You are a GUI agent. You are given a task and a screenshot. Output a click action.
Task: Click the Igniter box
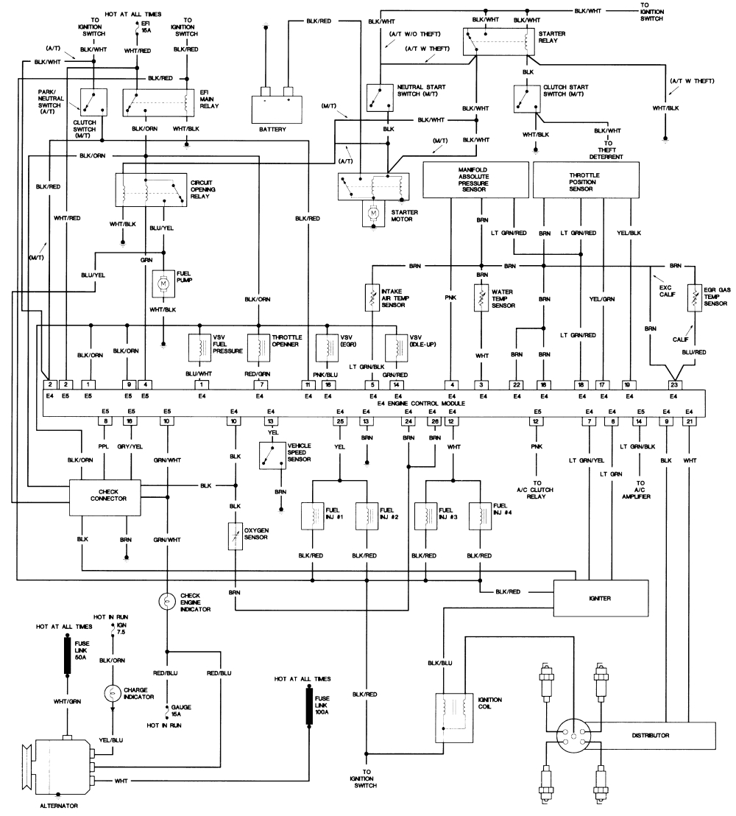pos(601,598)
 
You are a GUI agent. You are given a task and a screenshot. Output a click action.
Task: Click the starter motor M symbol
pos(373,213)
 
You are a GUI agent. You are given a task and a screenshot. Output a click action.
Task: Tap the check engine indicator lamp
pos(167,601)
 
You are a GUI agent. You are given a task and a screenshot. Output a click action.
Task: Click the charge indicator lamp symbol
pos(112,693)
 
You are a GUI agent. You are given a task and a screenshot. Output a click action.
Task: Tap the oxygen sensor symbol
pos(236,536)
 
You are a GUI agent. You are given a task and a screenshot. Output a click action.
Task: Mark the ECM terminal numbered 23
pos(673,384)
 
